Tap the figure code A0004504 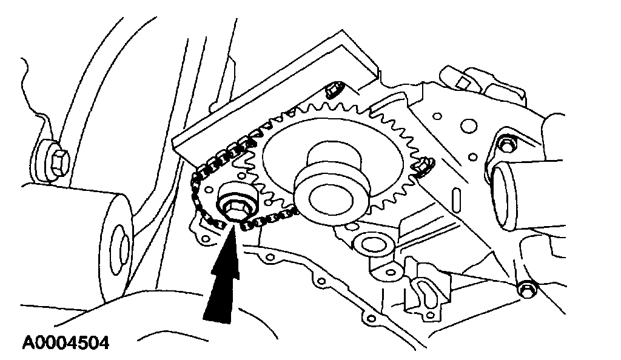coord(66,343)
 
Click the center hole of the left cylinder coord(123,248)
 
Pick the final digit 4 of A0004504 coord(103,343)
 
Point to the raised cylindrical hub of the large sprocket coord(331,182)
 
